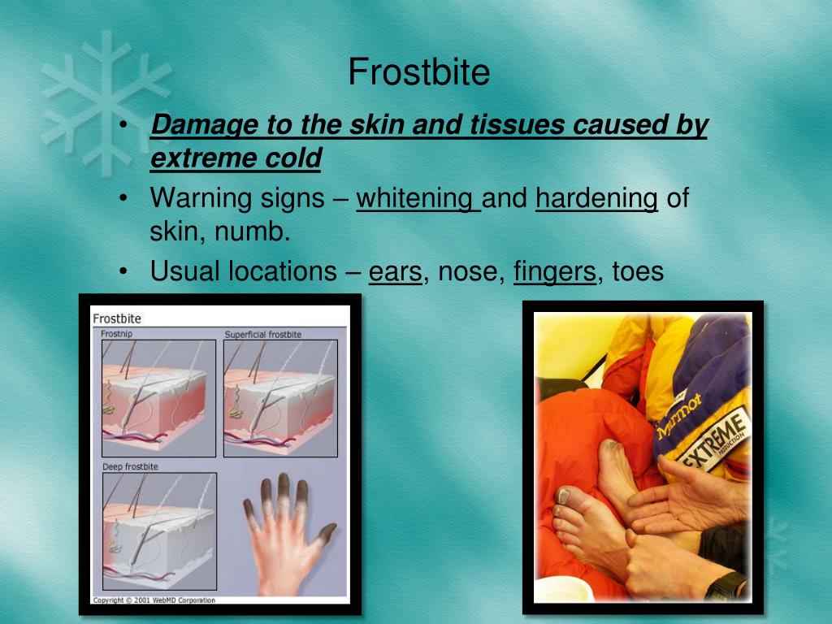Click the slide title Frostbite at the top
click(418, 73)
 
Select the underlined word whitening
click(418, 198)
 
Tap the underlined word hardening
click(596, 198)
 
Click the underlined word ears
click(395, 271)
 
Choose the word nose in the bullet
click(469, 271)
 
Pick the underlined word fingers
click(555, 271)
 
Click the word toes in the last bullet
click(638, 271)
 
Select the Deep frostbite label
click(130, 466)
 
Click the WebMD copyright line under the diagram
click(154, 600)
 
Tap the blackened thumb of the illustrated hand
click(325, 535)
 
